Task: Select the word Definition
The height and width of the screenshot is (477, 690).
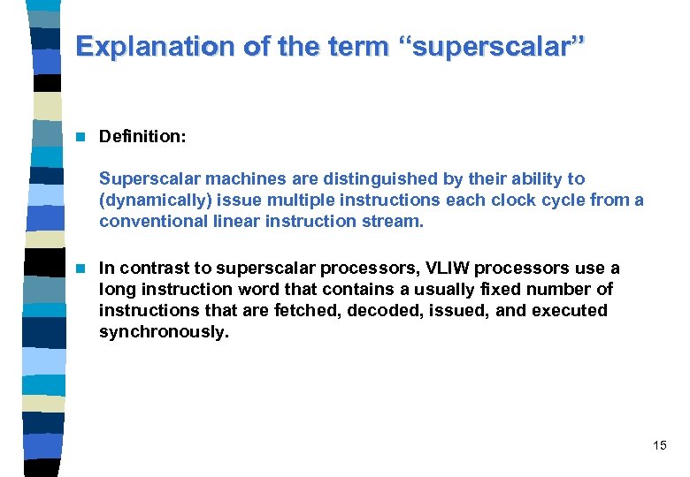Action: [x=137, y=137]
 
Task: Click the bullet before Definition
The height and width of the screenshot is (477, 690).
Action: [x=80, y=137]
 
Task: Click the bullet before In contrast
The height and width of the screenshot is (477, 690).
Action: [x=80, y=269]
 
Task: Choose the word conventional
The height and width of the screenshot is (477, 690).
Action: [x=147, y=222]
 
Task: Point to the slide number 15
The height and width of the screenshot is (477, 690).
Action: [x=659, y=446]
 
